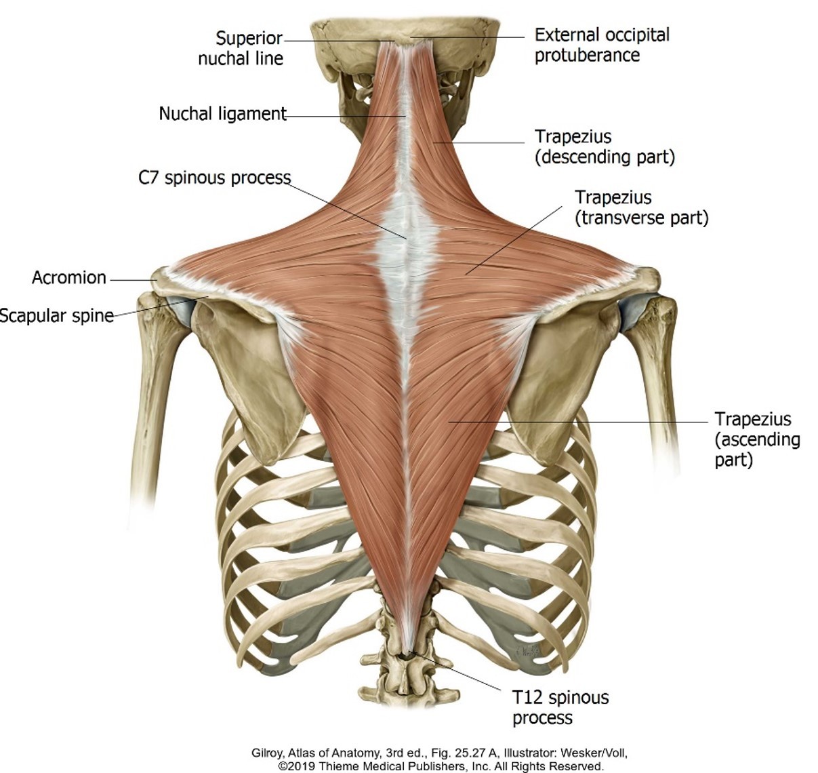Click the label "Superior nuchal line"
241,48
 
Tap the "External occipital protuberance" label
602,45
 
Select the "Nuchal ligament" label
222,113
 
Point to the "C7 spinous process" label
214,178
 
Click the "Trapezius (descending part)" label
605,147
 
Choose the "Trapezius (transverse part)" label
641,207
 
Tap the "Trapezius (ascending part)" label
757,439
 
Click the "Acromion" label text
69,277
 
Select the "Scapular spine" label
57,316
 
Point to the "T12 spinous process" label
560,707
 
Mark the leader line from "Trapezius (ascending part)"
576,421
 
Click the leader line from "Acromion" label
133,279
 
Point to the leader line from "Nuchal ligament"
346,117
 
